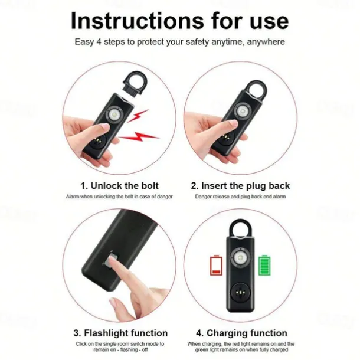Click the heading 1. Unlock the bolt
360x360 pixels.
tap(120, 186)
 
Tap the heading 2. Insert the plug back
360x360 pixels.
tap(240, 186)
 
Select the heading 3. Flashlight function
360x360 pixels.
tap(120, 333)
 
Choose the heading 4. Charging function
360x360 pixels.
tap(240, 333)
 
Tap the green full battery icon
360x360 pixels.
tap(264, 264)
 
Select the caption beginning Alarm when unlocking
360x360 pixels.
tap(119, 197)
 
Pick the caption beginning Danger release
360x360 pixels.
tap(240, 197)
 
